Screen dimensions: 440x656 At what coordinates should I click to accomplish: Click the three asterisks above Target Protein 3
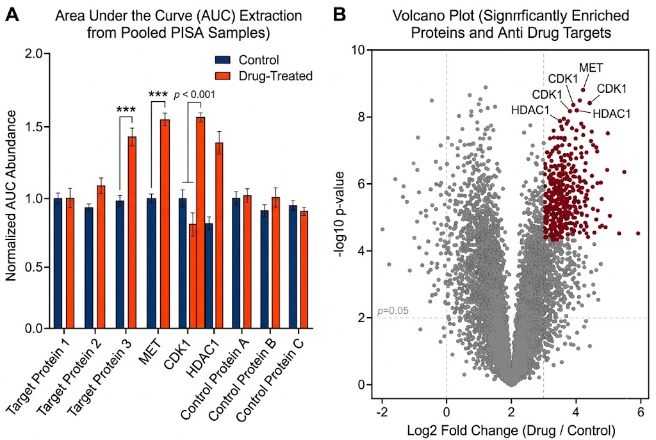click(x=126, y=110)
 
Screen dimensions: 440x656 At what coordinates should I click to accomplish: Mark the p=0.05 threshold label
click(x=393, y=311)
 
